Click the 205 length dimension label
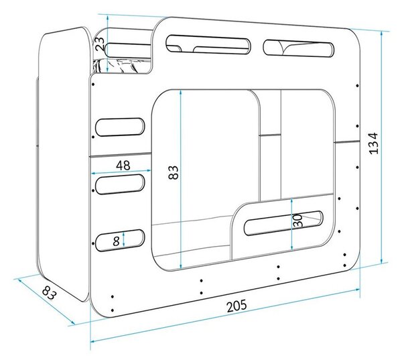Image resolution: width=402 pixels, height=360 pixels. (237, 305)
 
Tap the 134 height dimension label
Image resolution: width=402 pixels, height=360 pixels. (374, 143)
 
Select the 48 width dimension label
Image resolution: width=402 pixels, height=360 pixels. (123, 166)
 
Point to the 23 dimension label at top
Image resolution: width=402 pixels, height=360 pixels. (100, 44)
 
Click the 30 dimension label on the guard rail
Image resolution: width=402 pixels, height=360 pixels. (298, 221)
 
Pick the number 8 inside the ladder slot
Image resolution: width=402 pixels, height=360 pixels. (116, 241)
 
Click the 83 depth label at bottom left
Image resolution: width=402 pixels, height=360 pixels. (49, 293)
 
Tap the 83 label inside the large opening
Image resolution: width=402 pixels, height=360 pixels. (174, 172)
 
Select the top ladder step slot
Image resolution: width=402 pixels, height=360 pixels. (120, 127)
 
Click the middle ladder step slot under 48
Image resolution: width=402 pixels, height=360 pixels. (120, 184)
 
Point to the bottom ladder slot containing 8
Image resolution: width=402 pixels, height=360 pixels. (120, 240)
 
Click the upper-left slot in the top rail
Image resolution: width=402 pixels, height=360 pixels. (208, 44)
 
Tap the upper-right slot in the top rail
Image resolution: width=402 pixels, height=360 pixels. (299, 48)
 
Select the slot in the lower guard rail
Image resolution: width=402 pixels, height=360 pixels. (283, 223)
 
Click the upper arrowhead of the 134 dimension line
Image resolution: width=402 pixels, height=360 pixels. (382, 34)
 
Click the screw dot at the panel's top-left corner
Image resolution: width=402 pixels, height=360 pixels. (93, 84)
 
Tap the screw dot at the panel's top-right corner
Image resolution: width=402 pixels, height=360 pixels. (358, 85)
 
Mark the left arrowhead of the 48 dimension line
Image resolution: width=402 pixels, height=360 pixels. (94, 174)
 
